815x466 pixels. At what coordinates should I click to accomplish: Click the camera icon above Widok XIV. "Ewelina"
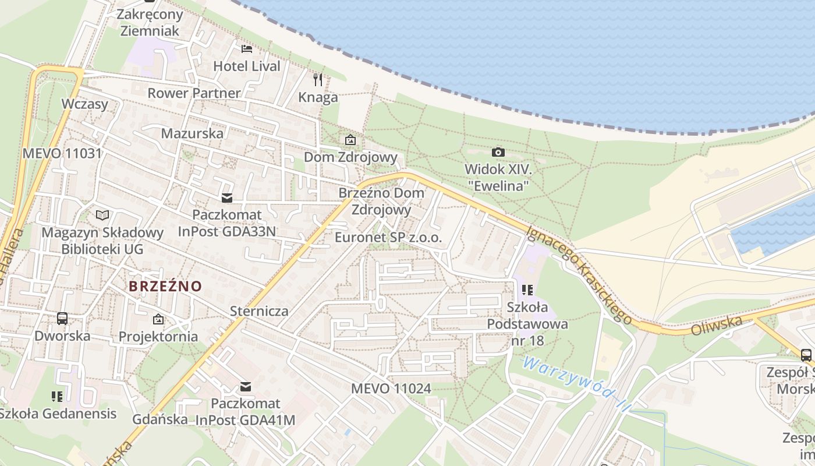coord(498,153)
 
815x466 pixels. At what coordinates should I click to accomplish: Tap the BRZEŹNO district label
coord(165,286)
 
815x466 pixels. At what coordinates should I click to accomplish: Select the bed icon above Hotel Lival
coord(247,48)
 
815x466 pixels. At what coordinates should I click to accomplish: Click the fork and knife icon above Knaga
coord(318,80)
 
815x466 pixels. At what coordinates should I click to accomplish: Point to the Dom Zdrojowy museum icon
coord(350,140)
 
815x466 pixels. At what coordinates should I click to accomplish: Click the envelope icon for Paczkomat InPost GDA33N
coord(227,198)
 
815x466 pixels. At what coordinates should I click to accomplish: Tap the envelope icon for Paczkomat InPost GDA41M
coord(246,386)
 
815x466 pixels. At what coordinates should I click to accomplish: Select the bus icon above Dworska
coord(62,319)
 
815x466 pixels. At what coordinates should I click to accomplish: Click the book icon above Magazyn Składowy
coord(102,216)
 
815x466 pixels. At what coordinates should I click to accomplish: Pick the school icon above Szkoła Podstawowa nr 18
coord(528,290)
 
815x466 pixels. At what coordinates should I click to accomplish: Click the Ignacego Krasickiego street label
coord(579,275)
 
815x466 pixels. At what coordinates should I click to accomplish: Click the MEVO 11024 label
coord(391,388)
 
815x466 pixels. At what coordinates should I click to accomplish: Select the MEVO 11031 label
coord(62,154)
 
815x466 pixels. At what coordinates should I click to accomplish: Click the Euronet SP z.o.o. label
coord(388,237)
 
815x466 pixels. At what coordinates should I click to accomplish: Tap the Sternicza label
coord(259,310)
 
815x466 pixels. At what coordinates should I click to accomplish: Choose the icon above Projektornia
coord(158,319)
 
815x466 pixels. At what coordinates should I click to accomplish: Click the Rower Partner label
coord(194,93)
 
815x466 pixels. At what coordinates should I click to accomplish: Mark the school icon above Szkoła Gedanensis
coord(57,397)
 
